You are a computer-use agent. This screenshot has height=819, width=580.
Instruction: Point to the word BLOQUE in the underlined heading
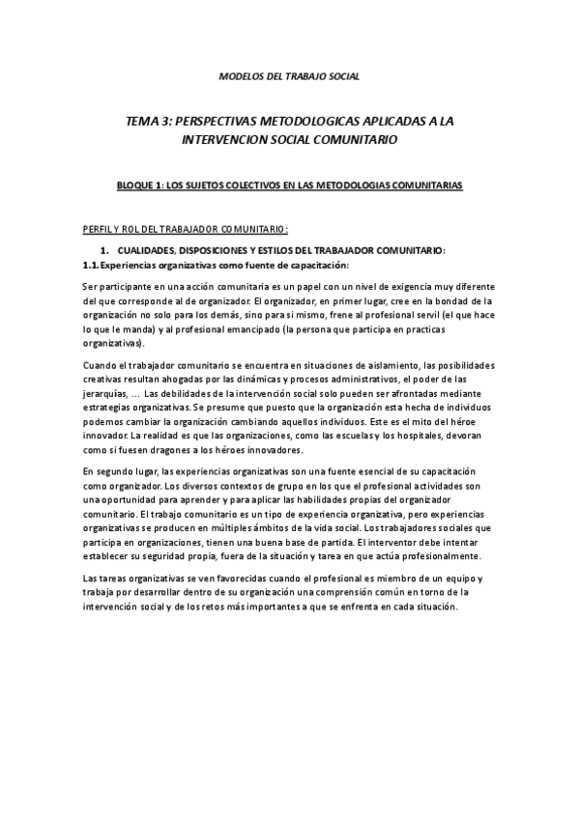pos(135,184)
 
